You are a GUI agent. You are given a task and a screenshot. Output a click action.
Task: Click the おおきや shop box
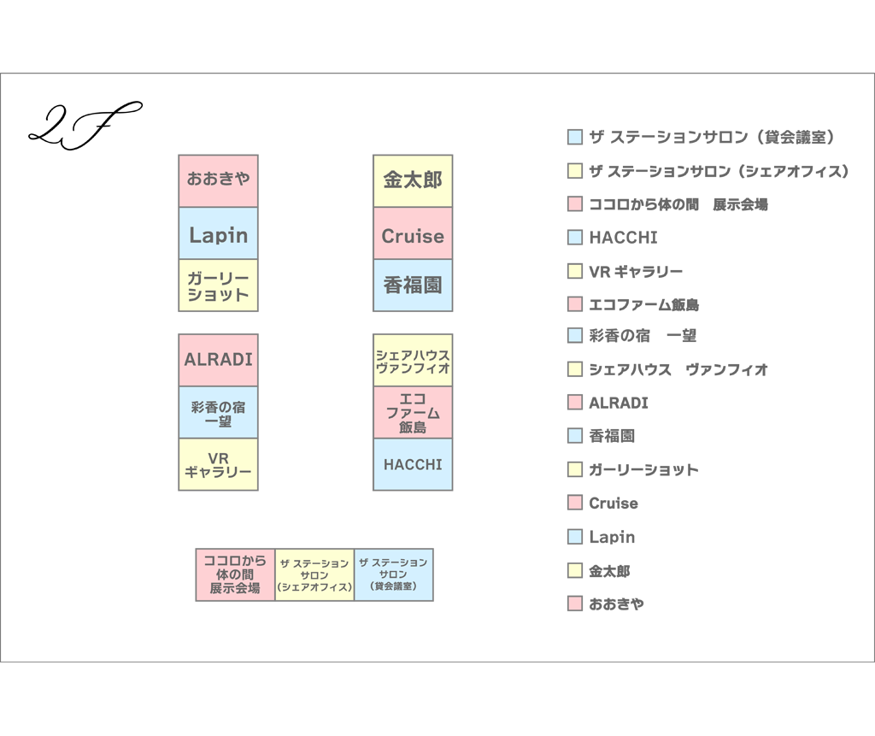click(218, 181)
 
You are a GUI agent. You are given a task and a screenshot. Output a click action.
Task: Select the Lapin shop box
click(218, 234)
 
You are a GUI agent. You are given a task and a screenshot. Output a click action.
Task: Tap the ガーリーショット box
click(218, 286)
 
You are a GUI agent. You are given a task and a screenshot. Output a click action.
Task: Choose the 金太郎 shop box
click(413, 181)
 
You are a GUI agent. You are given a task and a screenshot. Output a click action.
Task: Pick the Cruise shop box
click(413, 234)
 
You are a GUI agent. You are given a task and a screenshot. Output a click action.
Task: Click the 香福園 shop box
click(413, 286)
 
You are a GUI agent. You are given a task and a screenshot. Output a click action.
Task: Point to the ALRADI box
click(218, 360)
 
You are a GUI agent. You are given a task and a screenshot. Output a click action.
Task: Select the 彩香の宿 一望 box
click(218, 413)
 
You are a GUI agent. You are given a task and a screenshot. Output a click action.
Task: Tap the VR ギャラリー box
click(218, 464)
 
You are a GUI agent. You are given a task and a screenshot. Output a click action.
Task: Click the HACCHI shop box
click(413, 464)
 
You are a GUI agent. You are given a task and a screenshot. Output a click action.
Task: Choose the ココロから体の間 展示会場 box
click(235, 574)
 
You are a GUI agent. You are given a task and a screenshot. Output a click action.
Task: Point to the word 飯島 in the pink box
click(413, 427)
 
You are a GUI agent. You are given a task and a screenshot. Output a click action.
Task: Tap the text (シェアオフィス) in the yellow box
click(314, 588)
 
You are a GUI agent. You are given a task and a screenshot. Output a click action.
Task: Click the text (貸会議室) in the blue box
click(393, 586)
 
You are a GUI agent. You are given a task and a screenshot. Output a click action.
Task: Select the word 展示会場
click(235, 589)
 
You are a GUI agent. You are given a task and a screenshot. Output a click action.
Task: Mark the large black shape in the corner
click(85, 145)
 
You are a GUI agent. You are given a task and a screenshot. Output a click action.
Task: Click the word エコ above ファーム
click(413, 398)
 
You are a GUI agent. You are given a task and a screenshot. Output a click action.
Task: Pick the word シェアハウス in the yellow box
click(413, 354)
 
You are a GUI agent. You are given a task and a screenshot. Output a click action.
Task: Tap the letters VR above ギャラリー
click(218, 456)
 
